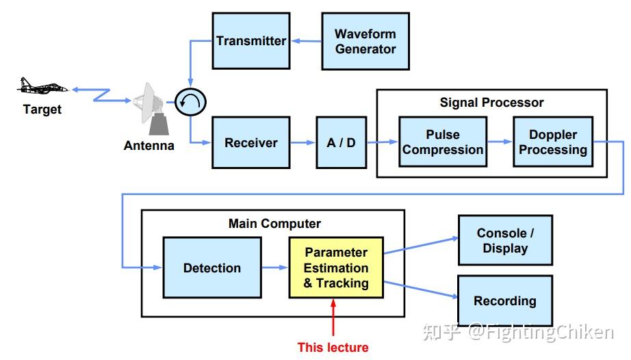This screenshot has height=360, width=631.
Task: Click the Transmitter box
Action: tap(250, 41)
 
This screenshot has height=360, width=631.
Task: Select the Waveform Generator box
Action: tap(365, 41)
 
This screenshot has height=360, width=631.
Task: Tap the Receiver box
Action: tap(250, 142)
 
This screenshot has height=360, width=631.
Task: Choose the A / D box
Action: tap(341, 142)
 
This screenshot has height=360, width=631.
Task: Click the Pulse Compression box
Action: tap(443, 142)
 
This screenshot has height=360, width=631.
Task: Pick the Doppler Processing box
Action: tap(553, 142)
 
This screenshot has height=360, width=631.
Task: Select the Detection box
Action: tap(211, 268)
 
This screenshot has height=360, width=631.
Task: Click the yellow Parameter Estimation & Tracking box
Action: tap(336, 268)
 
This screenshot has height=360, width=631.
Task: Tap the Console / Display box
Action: tap(505, 240)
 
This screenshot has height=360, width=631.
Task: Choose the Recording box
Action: tap(505, 300)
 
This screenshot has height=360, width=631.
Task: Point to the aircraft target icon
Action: tap(42, 87)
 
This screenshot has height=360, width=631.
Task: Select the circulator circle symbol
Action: tap(190, 103)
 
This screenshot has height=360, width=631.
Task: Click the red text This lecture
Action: tap(333, 348)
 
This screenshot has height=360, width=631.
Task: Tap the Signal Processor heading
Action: tap(491, 103)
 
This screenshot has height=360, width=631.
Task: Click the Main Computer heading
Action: tap(274, 224)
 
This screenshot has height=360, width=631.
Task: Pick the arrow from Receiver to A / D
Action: tap(302, 142)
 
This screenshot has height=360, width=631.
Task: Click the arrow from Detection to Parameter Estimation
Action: tap(274, 268)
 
